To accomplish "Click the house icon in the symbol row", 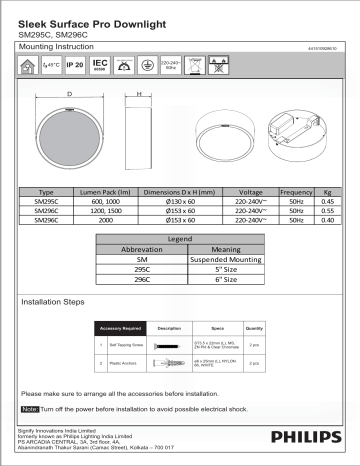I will [28, 66].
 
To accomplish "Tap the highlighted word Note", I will [29, 410].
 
